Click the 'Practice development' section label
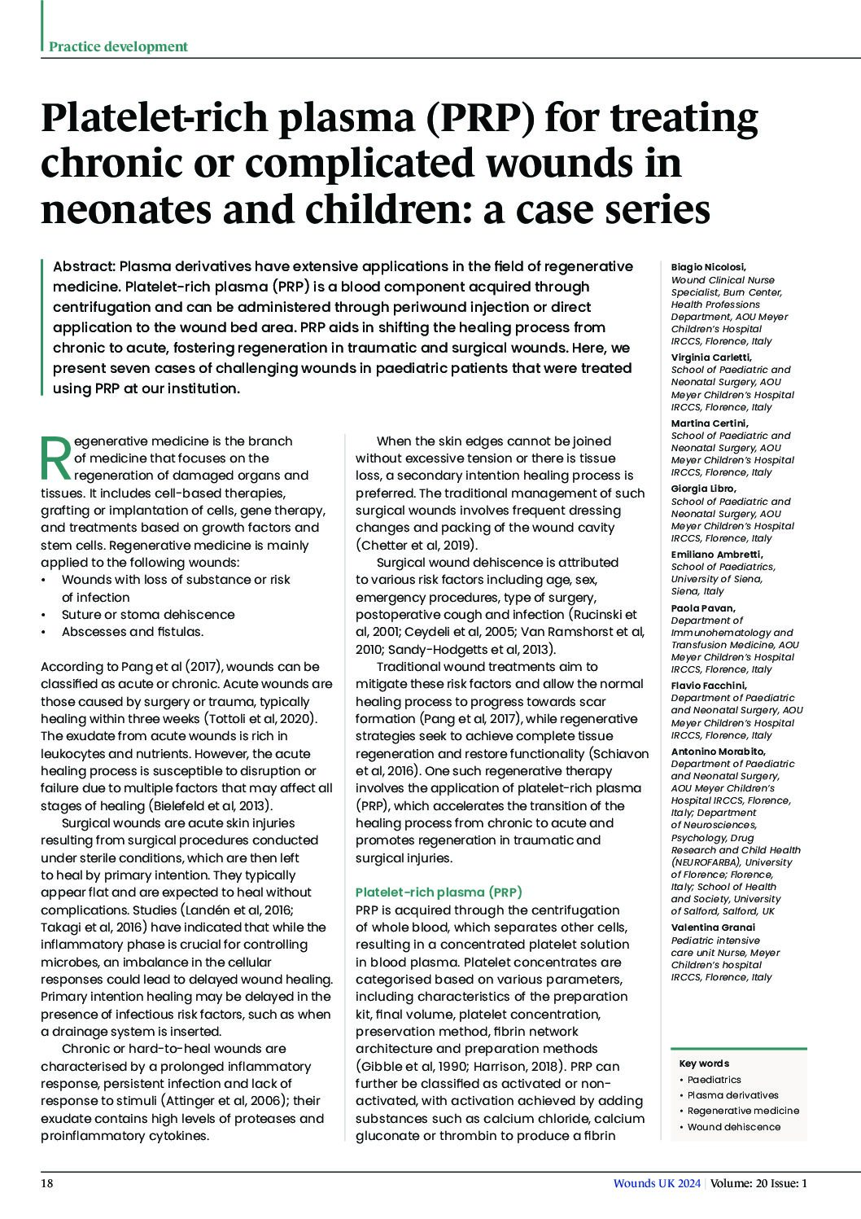pos(118,46)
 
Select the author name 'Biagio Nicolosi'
pos(708,267)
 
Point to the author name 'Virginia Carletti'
pos(710,357)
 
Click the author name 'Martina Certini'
pos(709,423)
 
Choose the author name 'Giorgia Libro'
pos(703,489)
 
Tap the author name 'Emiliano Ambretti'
pos(716,555)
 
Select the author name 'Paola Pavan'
pos(702,607)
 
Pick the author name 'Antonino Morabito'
pos(719,752)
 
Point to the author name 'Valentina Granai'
pos(713,927)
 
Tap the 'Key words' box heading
pos(704,1063)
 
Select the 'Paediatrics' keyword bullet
pos(714,1080)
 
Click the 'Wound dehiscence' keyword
pos(733,1127)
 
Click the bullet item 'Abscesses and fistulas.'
pos(132,632)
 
